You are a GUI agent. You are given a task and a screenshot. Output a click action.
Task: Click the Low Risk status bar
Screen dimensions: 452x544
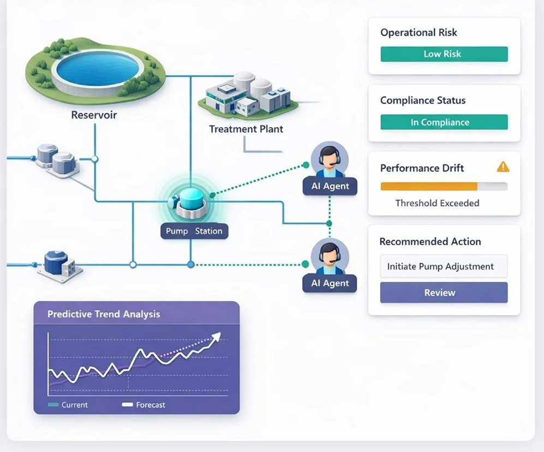[x=444, y=54]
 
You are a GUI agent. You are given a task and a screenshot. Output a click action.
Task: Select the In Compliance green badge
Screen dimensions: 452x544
[x=444, y=122]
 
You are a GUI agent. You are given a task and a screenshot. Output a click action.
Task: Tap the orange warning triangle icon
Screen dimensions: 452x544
[x=503, y=166]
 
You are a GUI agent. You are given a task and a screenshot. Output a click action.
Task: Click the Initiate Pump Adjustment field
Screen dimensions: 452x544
[x=444, y=266]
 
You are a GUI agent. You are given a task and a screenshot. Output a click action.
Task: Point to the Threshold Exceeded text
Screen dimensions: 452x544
[x=437, y=203]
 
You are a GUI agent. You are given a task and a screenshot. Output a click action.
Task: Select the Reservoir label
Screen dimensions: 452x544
[x=94, y=115]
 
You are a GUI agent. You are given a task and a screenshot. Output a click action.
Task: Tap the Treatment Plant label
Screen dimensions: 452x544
[x=246, y=129]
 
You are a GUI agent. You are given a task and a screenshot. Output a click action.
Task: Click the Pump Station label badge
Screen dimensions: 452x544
[x=194, y=231]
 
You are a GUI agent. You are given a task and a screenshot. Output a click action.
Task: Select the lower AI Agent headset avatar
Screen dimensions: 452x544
[x=330, y=257]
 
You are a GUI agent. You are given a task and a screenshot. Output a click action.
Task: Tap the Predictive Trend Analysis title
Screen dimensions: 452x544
[x=104, y=314]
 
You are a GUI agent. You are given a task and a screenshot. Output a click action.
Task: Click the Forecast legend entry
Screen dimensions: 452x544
[x=145, y=405]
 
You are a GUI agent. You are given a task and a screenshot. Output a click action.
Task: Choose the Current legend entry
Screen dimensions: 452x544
[x=69, y=405]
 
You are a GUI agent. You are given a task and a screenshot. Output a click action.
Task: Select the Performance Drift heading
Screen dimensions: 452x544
[x=422, y=168]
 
